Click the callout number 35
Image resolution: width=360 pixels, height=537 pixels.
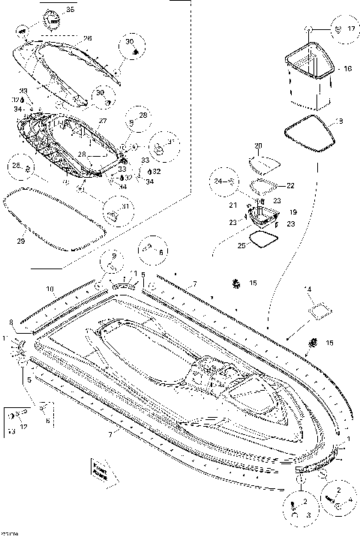pyautogui.click(x=70, y=10)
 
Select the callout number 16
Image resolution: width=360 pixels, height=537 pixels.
pyautogui.click(x=346, y=68)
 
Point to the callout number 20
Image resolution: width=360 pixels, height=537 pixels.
pyautogui.click(x=258, y=145)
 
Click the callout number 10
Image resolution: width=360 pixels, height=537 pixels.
pyautogui.click(x=49, y=288)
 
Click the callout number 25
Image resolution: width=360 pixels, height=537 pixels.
pyautogui.click(x=240, y=245)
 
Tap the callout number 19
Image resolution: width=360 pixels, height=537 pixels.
pyautogui.click(x=293, y=212)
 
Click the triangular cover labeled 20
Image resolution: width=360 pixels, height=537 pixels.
pyautogui.click(x=263, y=163)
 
